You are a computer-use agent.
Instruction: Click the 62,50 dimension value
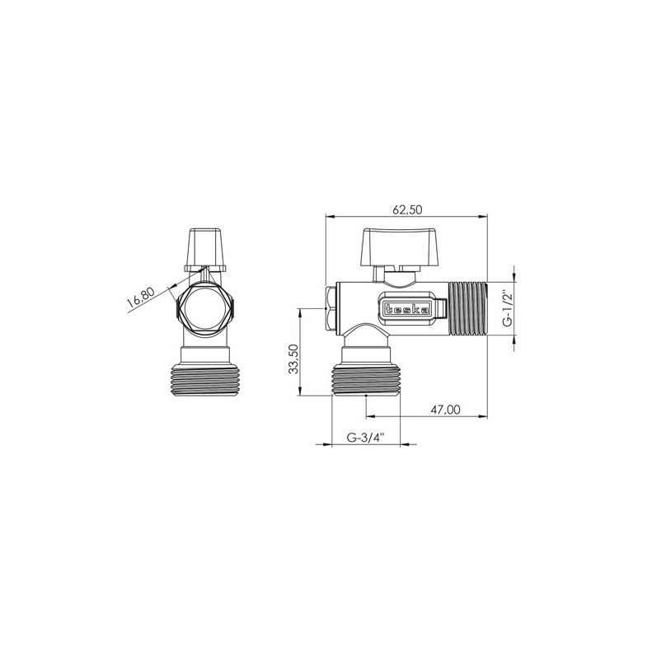tap(407, 209)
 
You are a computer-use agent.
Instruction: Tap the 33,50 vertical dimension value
tap(294, 359)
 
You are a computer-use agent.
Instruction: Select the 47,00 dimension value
tap(445, 410)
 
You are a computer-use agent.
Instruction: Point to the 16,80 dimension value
tap(141, 298)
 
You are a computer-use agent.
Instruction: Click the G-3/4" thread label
tap(366, 438)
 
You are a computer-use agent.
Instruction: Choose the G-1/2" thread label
tap(507, 309)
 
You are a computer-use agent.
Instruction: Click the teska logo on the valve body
tap(408, 309)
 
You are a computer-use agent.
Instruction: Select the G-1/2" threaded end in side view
tap(468, 308)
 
